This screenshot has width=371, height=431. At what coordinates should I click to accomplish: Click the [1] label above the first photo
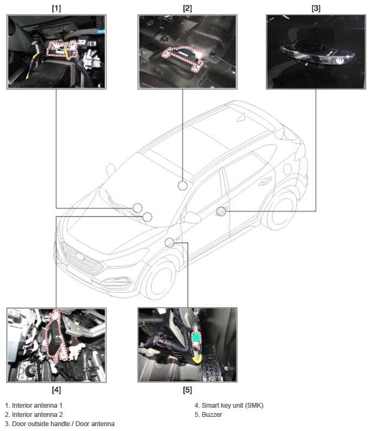(56, 8)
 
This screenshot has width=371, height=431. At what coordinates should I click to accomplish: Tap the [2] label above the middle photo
(187, 8)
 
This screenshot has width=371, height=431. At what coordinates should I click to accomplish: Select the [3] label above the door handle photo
(316, 8)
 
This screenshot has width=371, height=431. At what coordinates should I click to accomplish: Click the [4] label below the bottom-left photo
(56, 390)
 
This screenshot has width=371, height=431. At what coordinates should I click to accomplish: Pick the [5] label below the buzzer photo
(187, 390)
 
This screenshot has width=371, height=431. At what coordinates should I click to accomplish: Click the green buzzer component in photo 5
(197, 337)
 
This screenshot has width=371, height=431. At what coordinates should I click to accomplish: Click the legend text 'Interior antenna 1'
(37, 405)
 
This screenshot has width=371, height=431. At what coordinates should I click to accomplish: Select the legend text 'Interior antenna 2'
(37, 415)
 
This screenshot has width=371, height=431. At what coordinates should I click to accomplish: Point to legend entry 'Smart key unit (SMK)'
(232, 405)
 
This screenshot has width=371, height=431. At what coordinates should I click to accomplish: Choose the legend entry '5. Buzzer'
(208, 415)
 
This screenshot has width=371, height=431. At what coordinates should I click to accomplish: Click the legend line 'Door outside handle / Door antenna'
(63, 424)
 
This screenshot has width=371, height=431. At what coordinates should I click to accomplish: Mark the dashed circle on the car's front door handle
(221, 211)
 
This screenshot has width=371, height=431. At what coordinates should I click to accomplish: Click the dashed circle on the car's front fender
(170, 243)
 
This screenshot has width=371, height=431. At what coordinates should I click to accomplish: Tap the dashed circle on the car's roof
(183, 186)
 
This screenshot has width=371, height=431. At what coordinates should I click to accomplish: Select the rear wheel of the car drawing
(280, 210)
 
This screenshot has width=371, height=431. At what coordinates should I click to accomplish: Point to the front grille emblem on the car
(80, 256)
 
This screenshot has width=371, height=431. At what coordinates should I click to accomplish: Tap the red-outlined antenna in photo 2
(183, 57)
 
